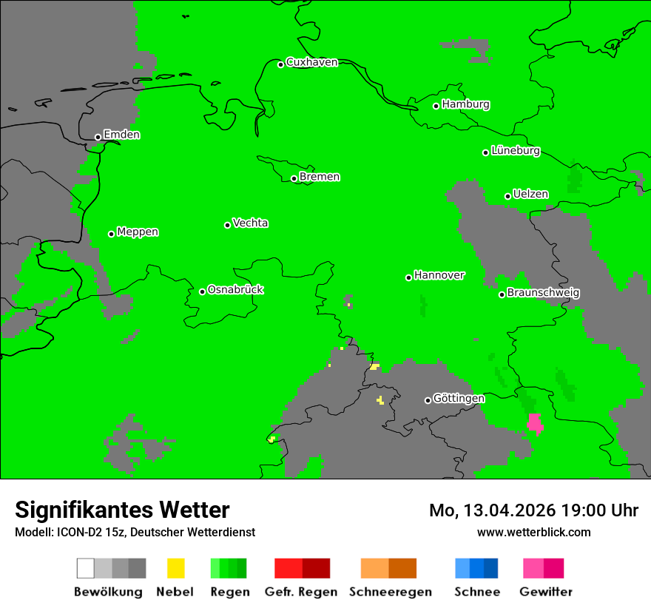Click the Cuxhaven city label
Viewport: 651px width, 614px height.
311,62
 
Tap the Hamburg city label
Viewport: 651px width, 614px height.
465,104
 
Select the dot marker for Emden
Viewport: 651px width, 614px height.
98,137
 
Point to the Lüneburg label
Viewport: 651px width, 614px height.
515,150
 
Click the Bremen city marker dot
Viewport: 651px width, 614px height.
294,178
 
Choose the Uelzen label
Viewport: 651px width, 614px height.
530,194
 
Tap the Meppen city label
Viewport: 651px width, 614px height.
138,232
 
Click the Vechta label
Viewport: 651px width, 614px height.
250,223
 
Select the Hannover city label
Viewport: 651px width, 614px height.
439,275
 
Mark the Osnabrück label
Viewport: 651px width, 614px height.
235,289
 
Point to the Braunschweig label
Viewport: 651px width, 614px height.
543,292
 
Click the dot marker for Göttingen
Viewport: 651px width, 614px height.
428,400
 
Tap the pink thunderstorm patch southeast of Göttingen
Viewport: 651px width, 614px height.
535,423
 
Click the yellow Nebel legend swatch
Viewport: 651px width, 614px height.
175,568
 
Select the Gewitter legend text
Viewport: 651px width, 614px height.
545,592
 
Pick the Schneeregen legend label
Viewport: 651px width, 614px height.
390,592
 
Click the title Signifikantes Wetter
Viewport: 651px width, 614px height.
122,510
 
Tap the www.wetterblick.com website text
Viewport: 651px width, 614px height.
533,532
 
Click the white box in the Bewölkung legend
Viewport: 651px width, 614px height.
85,568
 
